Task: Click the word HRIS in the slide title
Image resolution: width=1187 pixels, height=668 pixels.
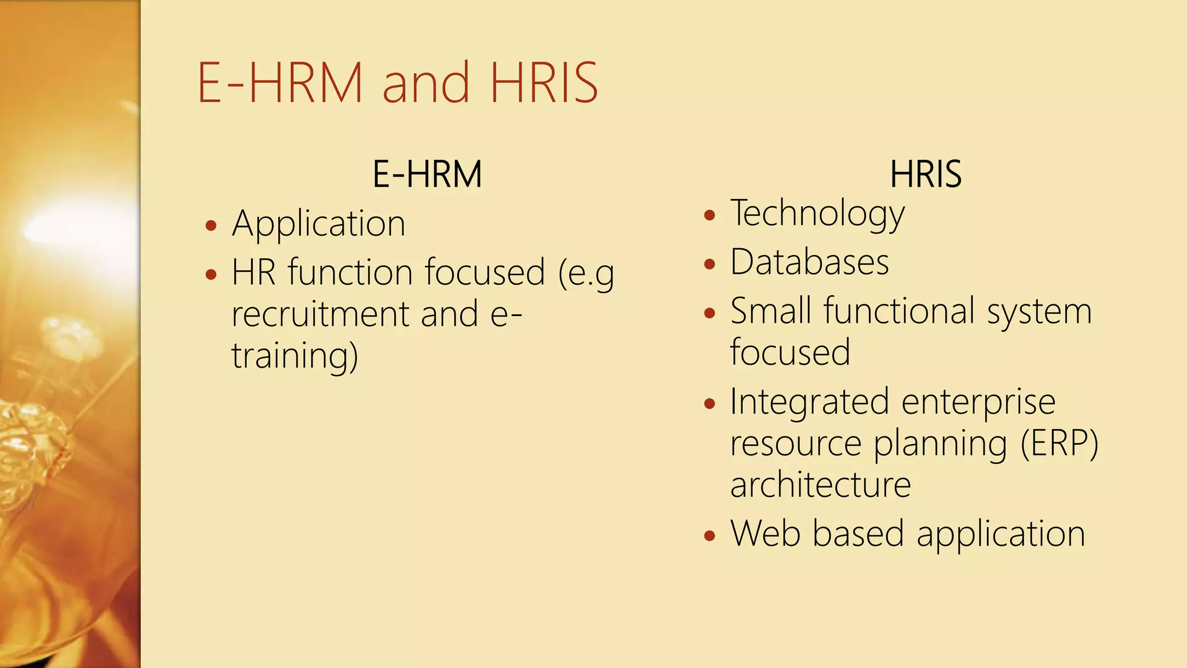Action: pos(544,83)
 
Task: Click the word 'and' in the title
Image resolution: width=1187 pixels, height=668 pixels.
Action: pos(425,83)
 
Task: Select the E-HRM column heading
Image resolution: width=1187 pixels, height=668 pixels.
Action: pos(427,174)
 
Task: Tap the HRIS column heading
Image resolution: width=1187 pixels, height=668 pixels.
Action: pos(926,174)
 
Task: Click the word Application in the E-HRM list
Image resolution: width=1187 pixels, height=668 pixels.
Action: pos(318,224)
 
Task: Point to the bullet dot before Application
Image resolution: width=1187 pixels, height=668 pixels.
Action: pos(211,226)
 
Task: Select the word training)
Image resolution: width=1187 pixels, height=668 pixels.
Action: pos(294,356)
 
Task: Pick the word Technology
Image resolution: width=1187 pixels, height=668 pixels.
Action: pos(817,214)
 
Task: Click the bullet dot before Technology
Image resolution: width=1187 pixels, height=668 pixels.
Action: pos(709,216)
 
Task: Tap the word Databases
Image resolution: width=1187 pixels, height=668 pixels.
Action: pos(809,262)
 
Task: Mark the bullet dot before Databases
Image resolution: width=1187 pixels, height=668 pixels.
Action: pos(709,264)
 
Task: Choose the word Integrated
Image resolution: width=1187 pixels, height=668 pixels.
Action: pos(809,402)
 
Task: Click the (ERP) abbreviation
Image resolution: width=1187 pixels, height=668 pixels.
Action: pos(1059,444)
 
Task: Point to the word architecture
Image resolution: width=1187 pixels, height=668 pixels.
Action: pos(820,485)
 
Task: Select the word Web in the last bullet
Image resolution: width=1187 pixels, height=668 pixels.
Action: pos(765,533)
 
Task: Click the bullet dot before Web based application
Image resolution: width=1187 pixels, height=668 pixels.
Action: pos(709,535)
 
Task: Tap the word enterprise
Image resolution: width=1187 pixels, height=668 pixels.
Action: pos(978,402)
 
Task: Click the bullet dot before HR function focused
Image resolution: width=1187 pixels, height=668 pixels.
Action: pos(211,274)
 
